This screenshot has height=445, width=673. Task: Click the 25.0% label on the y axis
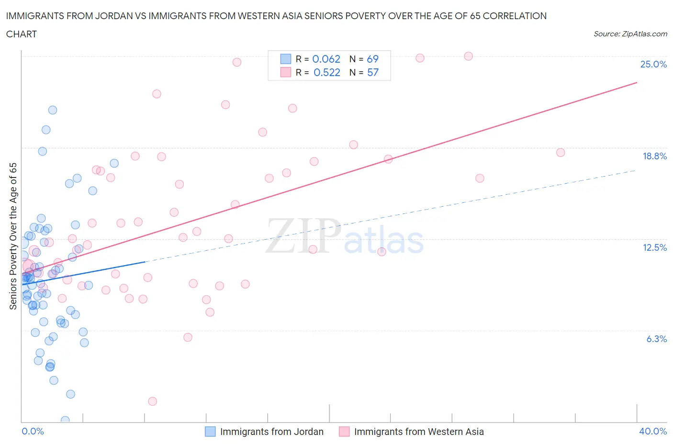point(653,64)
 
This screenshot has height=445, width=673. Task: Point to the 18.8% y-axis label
point(654,156)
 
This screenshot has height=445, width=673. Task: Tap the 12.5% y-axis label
point(654,247)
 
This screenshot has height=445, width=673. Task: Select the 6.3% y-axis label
point(656,339)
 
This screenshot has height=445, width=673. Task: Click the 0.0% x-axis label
point(33,431)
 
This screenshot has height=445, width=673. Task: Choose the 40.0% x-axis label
point(653,431)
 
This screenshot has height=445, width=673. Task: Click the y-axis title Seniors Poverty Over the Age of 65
point(13,236)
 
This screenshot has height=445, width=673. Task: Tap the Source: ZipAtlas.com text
point(630,33)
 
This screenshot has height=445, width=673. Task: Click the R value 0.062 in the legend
point(326,59)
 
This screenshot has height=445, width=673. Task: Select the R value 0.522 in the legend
point(326,72)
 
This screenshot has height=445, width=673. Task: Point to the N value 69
point(372,59)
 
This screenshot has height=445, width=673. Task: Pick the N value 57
point(372,72)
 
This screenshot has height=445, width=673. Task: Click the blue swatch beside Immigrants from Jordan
point(210,432)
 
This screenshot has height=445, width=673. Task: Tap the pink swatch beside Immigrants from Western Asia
point(344,432)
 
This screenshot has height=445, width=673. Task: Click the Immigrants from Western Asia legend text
point(419,432)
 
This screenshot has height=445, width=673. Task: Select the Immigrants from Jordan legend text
point(271,432)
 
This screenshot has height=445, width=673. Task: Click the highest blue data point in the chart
point(53,110)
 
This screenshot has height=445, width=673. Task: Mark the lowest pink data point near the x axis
point(153,401)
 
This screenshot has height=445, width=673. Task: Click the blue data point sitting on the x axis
point(65,420)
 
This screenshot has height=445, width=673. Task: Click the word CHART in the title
point(22,34)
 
